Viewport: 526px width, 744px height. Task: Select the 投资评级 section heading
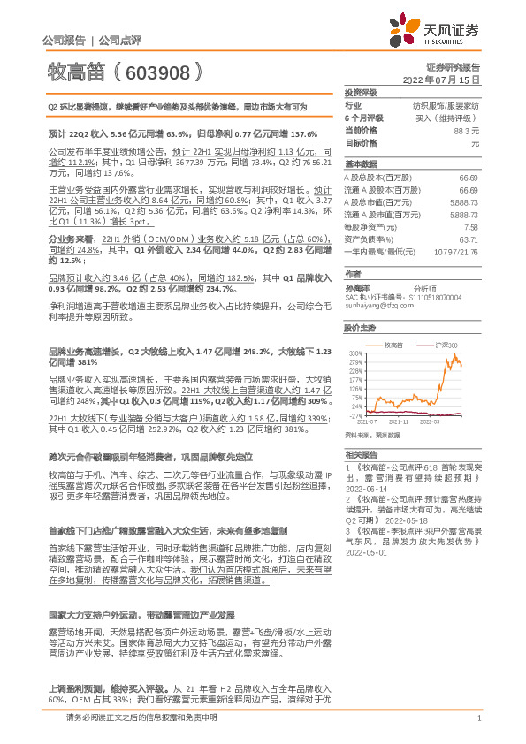(x=361, y=92)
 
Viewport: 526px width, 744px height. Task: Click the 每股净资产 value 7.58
(x=470, y=227)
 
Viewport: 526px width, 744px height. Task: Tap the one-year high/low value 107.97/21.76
(x=454, y=252)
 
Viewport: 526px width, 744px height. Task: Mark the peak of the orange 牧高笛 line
(x=454, y=353)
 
